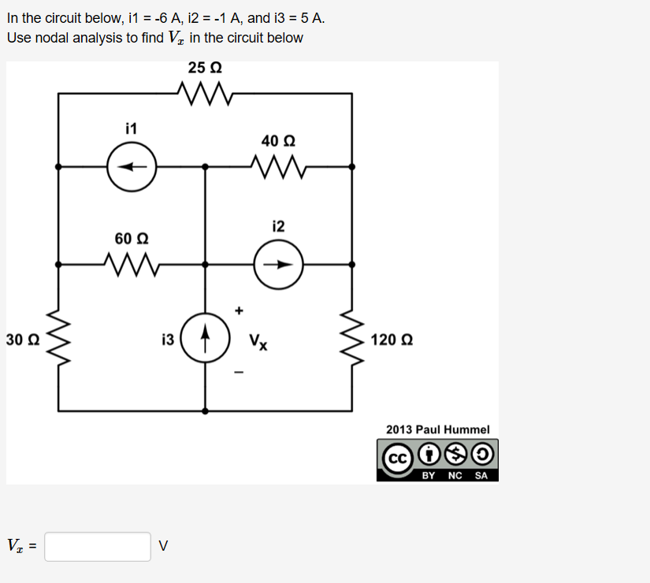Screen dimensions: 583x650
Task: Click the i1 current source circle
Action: pyautogui.click(x=132, y=167)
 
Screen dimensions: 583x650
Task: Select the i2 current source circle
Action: pyautogui.click(x=279, y=265)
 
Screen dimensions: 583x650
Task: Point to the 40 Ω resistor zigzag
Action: pyautogui.click(x=278, y=166)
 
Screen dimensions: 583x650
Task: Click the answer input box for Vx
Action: pyautogui.click(x=98, y=546)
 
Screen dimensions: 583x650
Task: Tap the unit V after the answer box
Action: pyautogui.click(x=163, y=546)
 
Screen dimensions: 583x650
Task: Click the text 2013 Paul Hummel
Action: pyautogui.click(x=437, y=429)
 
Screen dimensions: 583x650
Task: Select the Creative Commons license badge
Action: pyautogui.click(x=437, y=461)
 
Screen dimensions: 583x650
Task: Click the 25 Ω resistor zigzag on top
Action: pyautogui.click(x=206, y=94)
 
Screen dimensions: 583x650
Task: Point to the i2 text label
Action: pyautogui.click(x=278, y=227)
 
